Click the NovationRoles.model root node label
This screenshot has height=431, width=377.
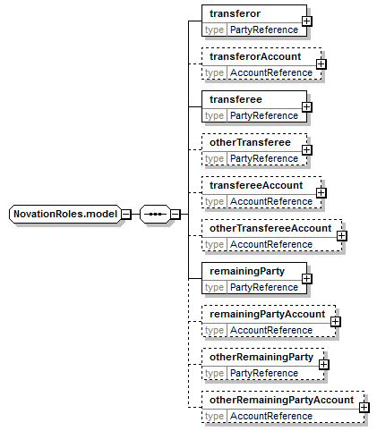click(65, 214)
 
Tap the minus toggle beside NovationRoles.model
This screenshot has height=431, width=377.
click(126, 214)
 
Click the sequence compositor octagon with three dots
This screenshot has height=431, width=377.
click(155, 214)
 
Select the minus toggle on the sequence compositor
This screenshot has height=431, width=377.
click(176, 214)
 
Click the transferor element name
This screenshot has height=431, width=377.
click(235, 13)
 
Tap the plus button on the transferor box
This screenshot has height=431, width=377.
click(306, 21)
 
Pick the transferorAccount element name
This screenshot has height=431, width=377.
click(255, 56)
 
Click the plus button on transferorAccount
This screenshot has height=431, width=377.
click(321, 64)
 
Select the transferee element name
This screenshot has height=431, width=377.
click(236, 99)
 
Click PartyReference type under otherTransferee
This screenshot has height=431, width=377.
click(264, 158)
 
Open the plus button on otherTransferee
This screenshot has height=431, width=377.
click(306, 150)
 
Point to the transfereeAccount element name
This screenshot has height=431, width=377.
click(256, 185)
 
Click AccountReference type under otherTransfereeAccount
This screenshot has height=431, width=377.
click(271, 244)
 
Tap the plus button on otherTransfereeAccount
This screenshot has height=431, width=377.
click(341, 236)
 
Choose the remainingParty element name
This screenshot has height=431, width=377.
click(247, 271)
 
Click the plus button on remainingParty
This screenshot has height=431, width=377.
click(306, 279)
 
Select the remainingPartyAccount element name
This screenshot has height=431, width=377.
click(268, 314)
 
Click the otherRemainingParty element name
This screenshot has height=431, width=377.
click(261, 357)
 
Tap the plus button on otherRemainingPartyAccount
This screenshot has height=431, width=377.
click(364, 408)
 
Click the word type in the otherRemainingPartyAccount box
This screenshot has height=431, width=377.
click(214, 417)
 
